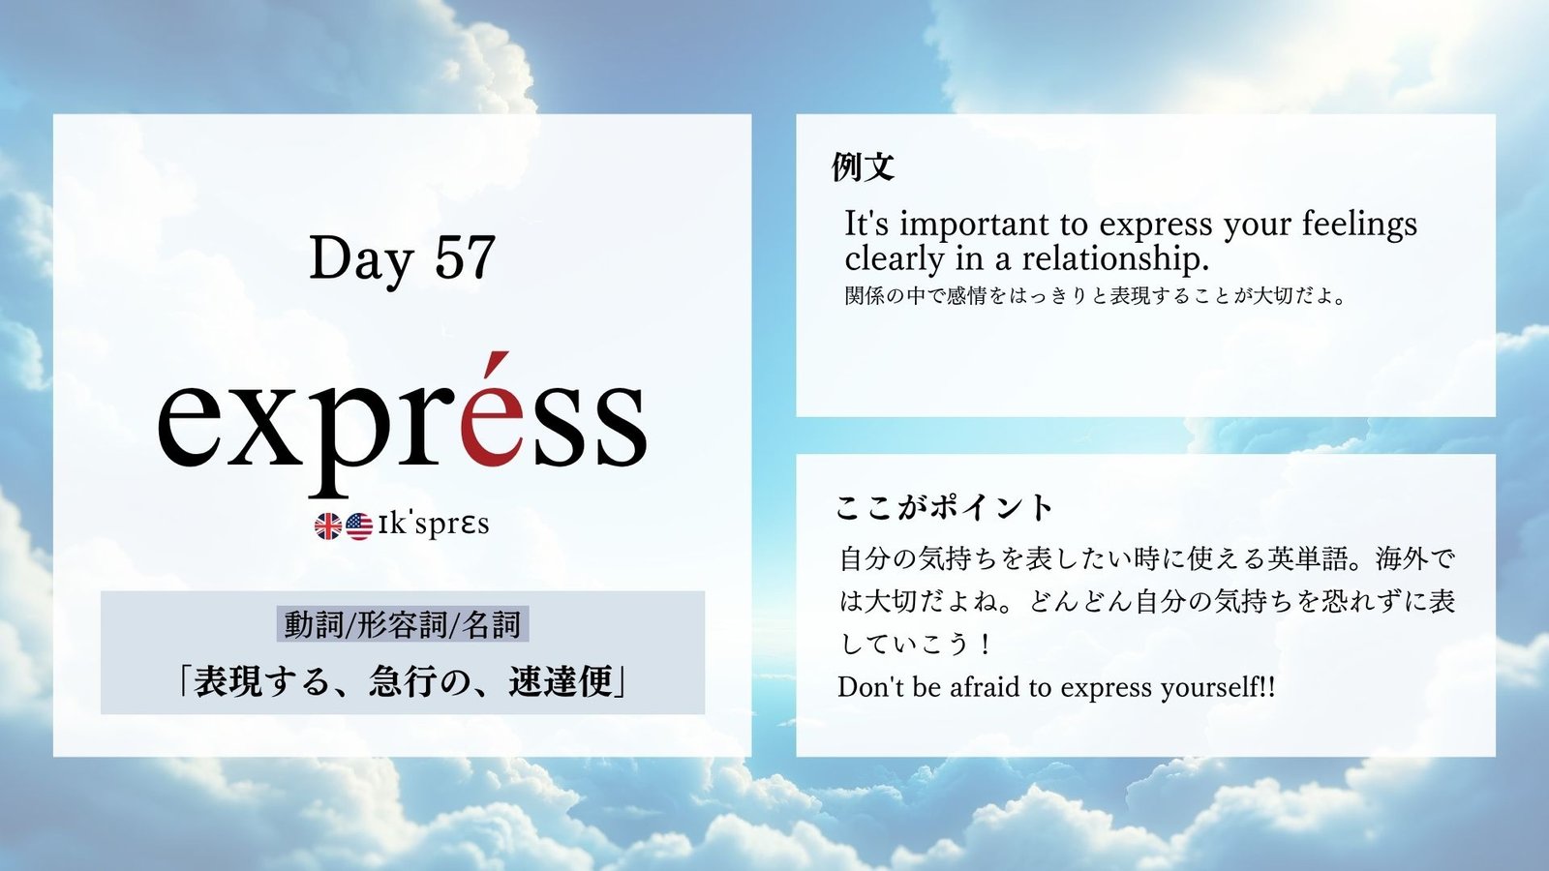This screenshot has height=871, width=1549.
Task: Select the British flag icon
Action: coord(328,526)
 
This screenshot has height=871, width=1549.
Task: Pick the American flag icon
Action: coord(359,526)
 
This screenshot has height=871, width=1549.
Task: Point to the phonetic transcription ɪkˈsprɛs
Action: coord(434,525)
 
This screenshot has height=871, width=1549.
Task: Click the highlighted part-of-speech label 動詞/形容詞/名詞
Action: coord(403,624)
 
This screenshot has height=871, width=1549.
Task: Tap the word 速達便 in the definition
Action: coord(561,682)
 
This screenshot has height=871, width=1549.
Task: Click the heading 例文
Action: coord(863,166)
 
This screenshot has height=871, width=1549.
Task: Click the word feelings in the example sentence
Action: coord(1359,225)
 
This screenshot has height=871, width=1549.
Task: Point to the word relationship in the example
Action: coord(1115,259)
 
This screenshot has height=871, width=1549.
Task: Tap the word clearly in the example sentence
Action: coord(895,260)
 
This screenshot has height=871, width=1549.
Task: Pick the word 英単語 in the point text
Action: coord(1306,558)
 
